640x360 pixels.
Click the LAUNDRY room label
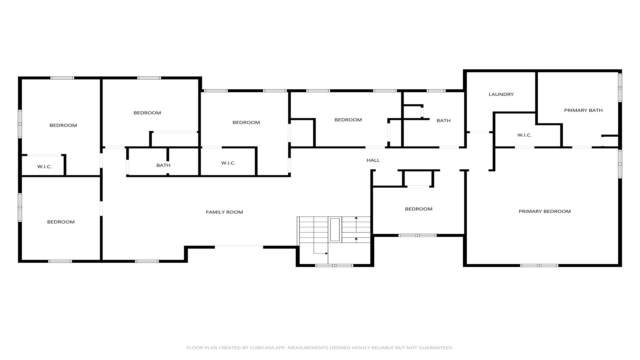click(501, 94)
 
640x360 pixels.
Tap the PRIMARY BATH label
click(583, 110)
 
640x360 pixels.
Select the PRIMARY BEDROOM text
click(545, 211)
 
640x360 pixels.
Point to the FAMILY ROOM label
click(224, 212)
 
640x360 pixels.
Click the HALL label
click(373, 160)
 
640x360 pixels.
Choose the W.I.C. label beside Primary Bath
click(524, 135)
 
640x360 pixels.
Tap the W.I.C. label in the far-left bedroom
click(44, 167)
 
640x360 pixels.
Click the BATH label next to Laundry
click(443, 121)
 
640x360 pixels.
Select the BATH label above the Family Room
click(163, 165)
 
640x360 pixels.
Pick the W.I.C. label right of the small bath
click(228, 163)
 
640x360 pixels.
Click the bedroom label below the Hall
click(419, 209)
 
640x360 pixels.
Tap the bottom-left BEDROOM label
click(61, 222)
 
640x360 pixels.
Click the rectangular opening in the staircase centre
click(335, 230)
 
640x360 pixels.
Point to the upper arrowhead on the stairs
click(356, 218)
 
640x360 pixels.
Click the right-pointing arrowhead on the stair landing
click(326, 254)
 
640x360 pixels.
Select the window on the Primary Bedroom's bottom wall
click(539, 265)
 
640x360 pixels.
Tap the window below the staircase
click(334, 265)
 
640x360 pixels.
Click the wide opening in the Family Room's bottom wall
click(239, 247)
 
